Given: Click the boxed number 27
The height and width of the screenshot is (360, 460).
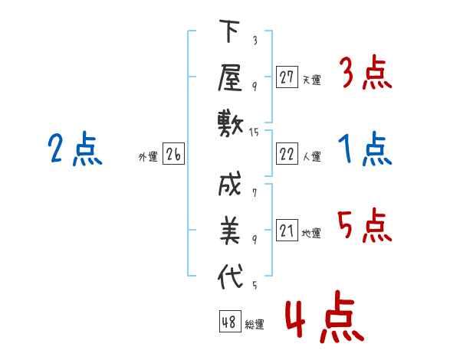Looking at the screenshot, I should (x=287, y=77).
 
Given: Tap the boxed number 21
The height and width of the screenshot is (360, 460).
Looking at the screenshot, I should (x=287, y=231).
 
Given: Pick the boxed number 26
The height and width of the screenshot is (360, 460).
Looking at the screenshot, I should (x=173, y=155).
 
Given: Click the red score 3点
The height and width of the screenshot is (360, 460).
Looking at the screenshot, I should (x=365, y=74).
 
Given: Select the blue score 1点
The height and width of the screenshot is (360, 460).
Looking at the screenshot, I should (x=365, y=150).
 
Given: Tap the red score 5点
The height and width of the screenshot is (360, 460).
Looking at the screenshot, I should (x=365, y=226).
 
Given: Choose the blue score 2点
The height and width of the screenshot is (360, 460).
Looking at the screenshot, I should (x=74, y=150).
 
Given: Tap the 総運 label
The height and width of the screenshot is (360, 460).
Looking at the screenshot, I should (x=255, y=325).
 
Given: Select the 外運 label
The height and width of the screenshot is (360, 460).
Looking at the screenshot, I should (x=147, y=157).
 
